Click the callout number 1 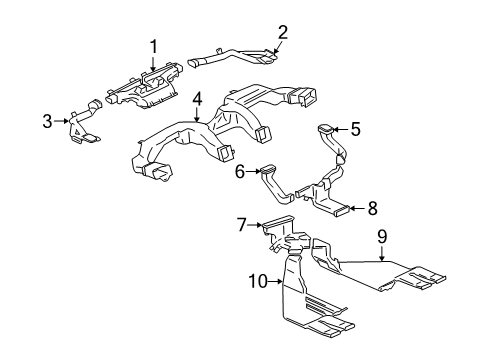(154, 45)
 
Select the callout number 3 (46, 122)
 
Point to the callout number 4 (198, 99)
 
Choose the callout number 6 (239, 171)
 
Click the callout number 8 (372, 209)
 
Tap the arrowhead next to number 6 (257, 171)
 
